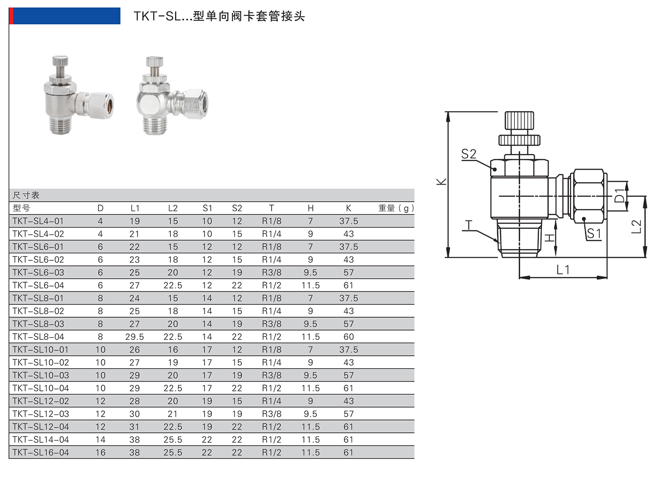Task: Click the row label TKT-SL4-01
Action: [x=38, y=221]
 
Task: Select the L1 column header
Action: [x=135, y=208]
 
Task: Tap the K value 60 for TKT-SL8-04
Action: [x=348, y=337]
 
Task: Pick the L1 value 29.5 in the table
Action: [x=134, y=337]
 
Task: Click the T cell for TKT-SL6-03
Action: [x=272, y=272]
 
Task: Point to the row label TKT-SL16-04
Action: [x=41, y=453]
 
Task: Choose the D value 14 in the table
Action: [x=100, y=440]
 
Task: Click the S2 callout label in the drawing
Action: [x=469, y=154]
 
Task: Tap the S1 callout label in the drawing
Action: [x=594, y=234]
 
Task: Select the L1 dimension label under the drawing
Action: [x=563, y=270]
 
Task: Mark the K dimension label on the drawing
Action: [x=441, y=181]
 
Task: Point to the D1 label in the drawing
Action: [x=619, y=195]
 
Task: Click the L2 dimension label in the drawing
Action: [x=636, y=226]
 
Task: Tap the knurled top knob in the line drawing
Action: [x=519, y=121]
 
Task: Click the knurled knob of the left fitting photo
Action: [x=60, y=61]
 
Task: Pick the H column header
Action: [x=311, y=208]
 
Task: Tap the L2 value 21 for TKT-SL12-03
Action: [x=173, y=414]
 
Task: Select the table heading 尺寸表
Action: [x=26, y=195]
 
